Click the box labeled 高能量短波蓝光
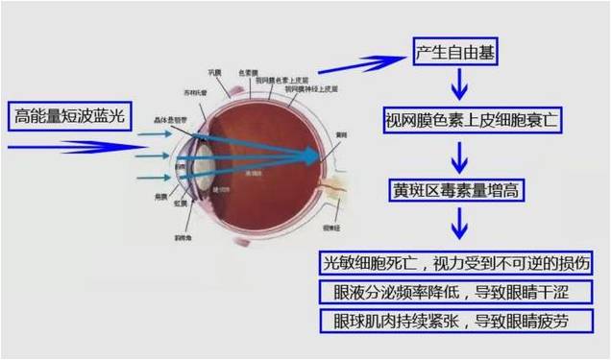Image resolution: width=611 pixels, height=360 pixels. [69, 116]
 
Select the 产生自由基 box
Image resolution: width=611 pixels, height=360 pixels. [455, 52]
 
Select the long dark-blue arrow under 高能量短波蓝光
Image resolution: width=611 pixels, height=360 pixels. [62, 147]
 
